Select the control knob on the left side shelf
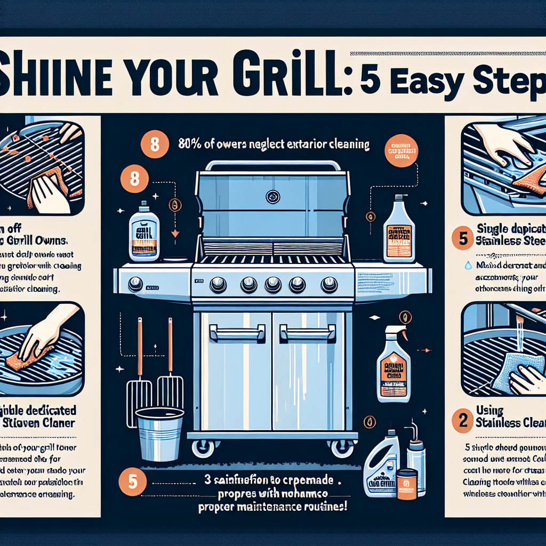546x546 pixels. pos(135,284)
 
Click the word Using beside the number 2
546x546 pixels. pos(489,411)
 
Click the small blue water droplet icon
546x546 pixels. pos(468,265)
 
